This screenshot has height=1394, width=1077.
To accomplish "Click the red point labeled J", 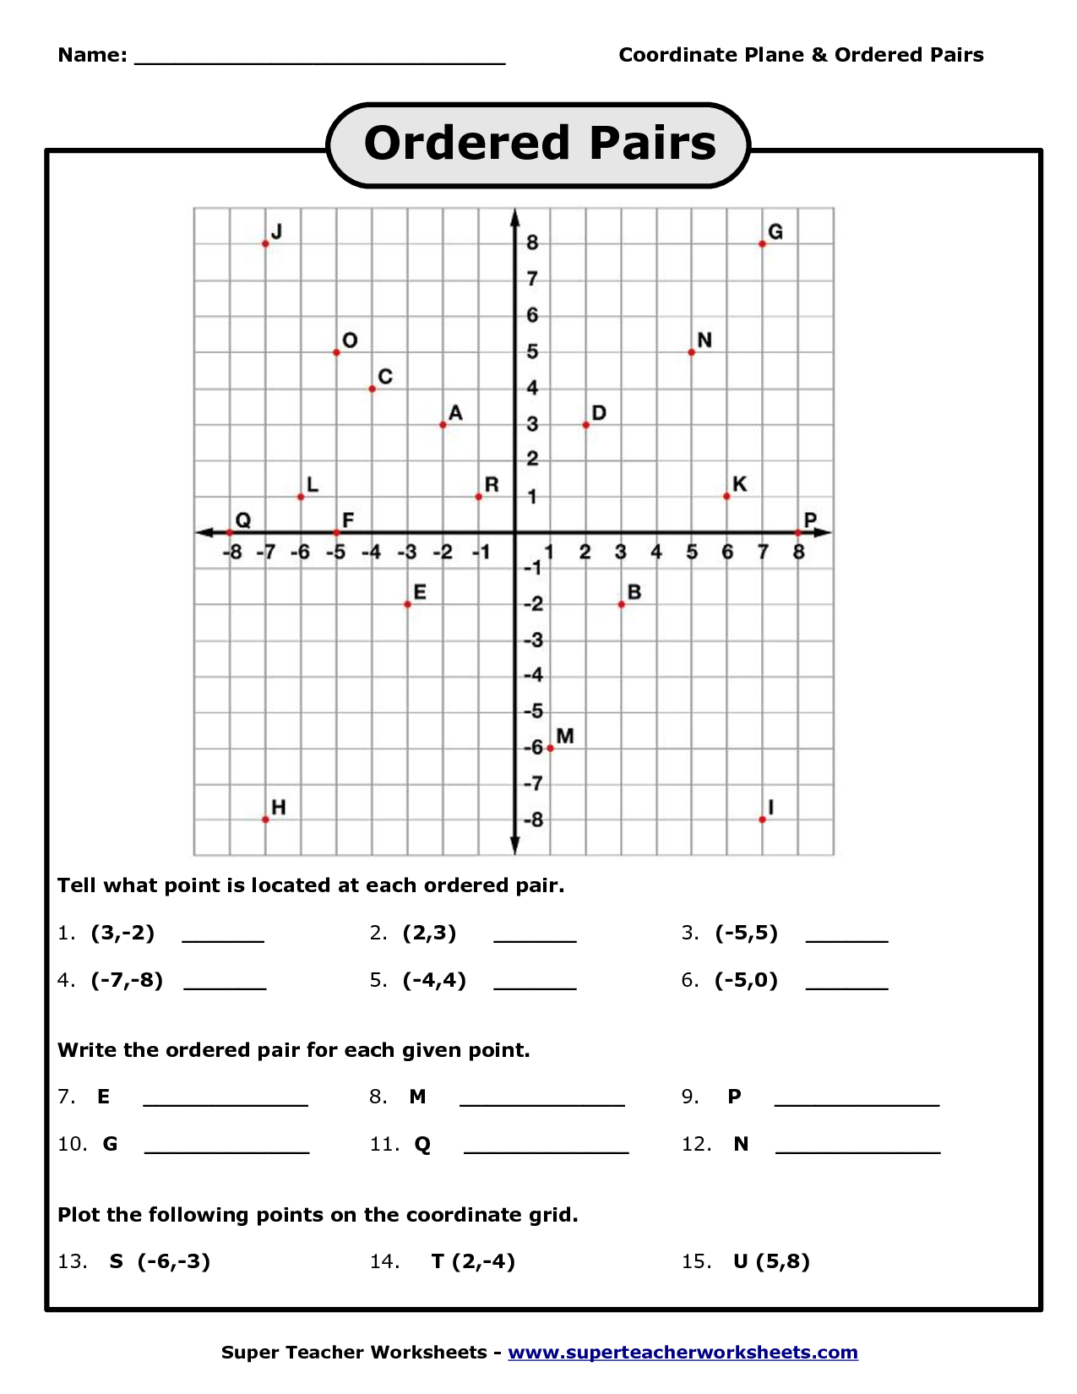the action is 265,243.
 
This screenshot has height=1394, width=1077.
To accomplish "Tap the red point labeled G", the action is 762,243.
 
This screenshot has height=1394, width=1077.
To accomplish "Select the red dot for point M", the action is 550,748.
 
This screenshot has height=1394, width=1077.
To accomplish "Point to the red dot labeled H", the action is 265,820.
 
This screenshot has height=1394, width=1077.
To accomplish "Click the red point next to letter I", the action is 762,820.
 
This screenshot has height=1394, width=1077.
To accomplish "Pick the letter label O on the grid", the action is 350,340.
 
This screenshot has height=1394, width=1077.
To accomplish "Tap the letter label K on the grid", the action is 739,484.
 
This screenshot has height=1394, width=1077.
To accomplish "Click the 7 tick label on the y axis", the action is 532,279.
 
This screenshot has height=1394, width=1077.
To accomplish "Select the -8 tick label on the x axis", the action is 232,553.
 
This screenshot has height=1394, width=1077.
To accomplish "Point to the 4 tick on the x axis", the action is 656,553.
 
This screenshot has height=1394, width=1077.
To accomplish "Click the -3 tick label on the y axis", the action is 532,640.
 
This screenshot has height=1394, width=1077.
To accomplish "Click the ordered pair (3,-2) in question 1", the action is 123,934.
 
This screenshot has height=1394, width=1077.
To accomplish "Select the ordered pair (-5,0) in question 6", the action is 746,981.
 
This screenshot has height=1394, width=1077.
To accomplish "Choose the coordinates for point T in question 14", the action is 484,1261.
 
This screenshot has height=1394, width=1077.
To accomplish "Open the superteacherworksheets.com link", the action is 683,1353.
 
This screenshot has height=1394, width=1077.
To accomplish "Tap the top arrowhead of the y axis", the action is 514,217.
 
